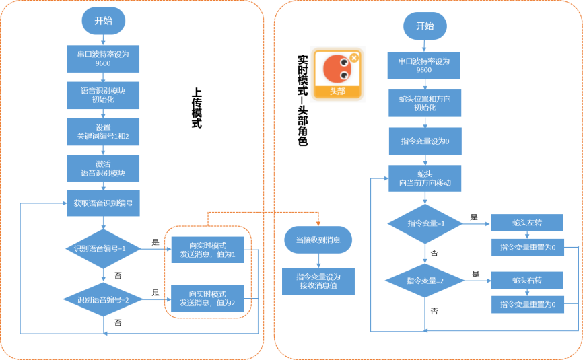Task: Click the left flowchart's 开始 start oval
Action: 104,21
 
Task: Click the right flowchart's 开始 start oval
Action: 425,26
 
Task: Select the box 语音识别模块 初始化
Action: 103,96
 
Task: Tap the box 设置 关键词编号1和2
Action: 103,132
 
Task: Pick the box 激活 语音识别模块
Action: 103,168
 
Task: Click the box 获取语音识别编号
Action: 104,203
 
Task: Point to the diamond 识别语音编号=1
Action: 103,248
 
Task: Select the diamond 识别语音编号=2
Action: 103,299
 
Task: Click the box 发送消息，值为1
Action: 207,250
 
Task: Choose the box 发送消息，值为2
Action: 207,298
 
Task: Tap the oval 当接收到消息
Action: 318,240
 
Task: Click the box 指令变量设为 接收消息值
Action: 318,281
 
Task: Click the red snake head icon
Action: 337,69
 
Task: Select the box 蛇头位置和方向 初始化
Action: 425,103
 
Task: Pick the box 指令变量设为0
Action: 425,141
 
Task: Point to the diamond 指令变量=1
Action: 425,223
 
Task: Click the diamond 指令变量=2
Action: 425,281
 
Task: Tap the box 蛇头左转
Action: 527,223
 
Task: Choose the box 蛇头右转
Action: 527,280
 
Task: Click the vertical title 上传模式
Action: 197,108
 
